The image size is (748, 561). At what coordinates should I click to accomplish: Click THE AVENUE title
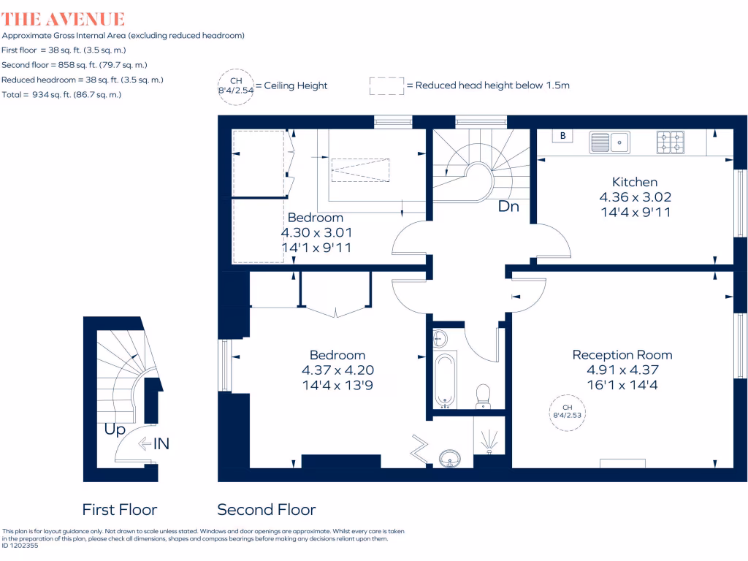point(64,19)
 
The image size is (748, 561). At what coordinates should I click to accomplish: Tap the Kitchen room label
point(634,182)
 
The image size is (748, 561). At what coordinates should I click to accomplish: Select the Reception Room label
point(622,355)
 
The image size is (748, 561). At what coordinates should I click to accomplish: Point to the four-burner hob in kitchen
point(671,142)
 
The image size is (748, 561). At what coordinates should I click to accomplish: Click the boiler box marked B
point(562,136)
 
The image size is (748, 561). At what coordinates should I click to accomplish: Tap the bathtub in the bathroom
point(444,378)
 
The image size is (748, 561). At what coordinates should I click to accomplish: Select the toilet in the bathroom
point(483,396)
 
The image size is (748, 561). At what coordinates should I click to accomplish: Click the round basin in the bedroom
point(449,459)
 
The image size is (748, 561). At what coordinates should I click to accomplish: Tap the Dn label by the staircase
point(508,207)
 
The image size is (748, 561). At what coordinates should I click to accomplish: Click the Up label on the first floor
point(115,430)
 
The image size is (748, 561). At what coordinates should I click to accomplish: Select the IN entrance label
point(161,443)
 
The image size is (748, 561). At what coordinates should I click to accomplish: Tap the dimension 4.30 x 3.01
point(316,232)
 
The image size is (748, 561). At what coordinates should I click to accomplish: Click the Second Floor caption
point(267,510)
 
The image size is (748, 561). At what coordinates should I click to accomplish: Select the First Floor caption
point(119,510)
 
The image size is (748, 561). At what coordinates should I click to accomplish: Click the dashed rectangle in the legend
point(386,85)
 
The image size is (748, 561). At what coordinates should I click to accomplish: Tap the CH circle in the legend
point(235,85)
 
